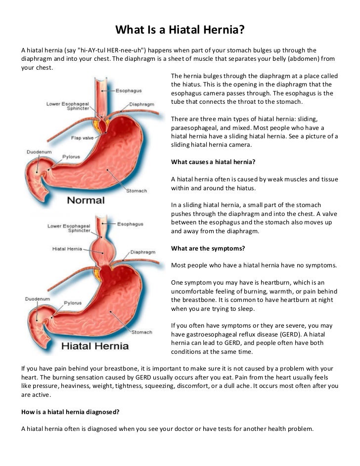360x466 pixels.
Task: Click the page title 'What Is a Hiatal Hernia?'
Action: tap(180, 31)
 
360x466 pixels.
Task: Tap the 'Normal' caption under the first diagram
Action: tap(86, 200)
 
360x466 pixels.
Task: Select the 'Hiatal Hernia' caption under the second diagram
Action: tap(94, 345)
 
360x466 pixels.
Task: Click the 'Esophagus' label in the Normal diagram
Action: tap(129, 91)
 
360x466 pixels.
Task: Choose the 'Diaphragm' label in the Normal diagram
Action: tap(141, 105)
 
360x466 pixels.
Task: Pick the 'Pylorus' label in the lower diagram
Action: tap(72, 302)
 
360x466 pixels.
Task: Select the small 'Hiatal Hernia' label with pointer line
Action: tap(67, 249)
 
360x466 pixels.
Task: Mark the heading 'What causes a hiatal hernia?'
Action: tap(213, 162)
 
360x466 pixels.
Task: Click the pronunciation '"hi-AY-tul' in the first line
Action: tap(94, 50)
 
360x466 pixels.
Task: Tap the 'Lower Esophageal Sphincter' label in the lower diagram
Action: tap(69, 228)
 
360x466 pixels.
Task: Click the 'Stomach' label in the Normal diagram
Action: tap(137, 191)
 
